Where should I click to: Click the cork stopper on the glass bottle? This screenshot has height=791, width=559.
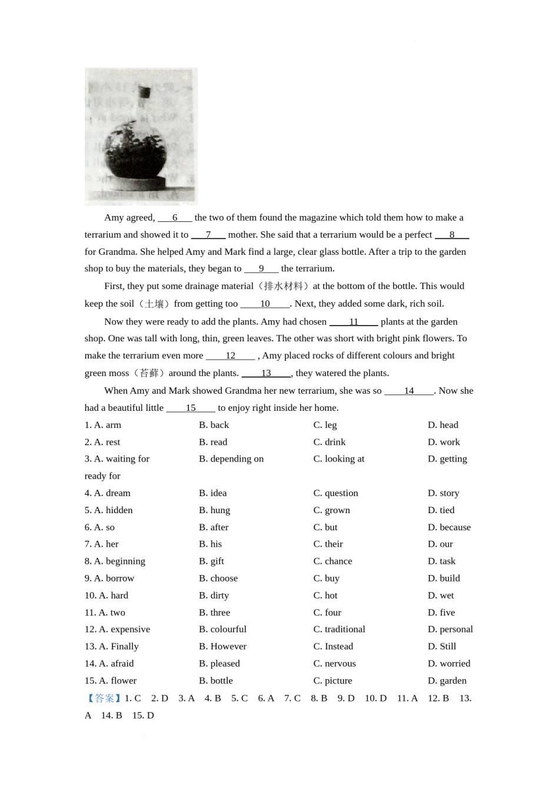[x=144, y=92]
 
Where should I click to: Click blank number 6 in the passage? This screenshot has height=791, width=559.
[x=175, y=218]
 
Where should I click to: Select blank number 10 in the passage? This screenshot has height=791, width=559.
[x=265, y=304]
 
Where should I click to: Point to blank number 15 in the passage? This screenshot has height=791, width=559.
[x=191, y=408]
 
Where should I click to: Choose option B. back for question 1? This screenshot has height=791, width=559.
[x=214, y=425]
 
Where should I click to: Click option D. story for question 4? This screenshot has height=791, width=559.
[x=443, y=493]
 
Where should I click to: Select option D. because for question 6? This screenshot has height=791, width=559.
[x=449, y=527]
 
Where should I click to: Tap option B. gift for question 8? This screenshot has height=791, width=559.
[x=211, y=561]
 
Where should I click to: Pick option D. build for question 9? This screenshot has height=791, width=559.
[x=444, y=579]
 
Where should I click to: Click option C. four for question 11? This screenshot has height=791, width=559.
[x=327, y=613]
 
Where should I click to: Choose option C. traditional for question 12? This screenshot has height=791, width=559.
[x=339, y=629]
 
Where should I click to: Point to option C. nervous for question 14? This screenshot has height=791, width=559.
[x=334, y=663]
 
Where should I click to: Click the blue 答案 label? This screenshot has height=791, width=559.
[x=104, y=699]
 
